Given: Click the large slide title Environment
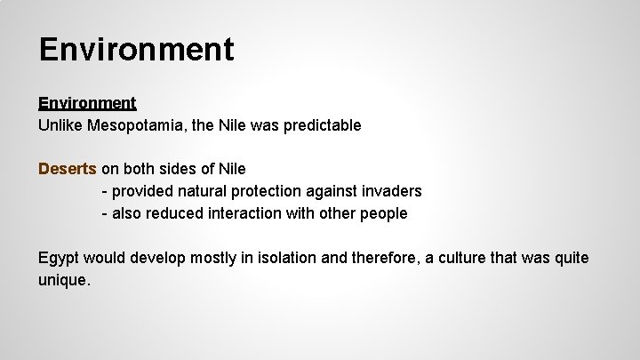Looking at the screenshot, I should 136,49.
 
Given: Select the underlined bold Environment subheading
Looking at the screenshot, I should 87,103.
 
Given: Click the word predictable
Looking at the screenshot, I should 323,125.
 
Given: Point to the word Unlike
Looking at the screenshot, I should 60,125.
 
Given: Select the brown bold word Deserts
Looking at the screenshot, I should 68,168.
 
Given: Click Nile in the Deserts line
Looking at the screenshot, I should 230,168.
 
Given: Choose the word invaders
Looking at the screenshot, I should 391,191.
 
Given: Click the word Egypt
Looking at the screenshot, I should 59,258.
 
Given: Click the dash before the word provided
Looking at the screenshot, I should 105,191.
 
